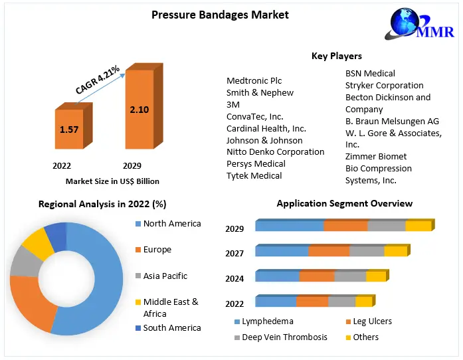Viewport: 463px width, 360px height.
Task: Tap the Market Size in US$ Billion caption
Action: click(112, 181)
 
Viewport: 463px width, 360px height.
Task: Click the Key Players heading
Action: click(336, 56)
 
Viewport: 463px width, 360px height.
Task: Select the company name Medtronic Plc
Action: click(254, 81)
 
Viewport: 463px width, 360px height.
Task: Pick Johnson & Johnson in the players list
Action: click(264, 140)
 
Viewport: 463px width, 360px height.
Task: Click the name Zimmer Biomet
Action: click(376, 156)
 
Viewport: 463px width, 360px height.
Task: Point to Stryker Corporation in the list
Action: click(384, 85)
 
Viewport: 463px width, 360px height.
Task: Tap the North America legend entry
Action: click(171, 224)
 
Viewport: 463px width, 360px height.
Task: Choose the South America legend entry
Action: click(171, 327)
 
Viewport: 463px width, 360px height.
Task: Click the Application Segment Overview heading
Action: click(344, 203)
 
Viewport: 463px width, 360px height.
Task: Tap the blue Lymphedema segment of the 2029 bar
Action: click(289, 226)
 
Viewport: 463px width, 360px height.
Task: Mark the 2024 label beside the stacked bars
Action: click(234, 279)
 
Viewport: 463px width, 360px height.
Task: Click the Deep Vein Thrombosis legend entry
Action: click(284, 337)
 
